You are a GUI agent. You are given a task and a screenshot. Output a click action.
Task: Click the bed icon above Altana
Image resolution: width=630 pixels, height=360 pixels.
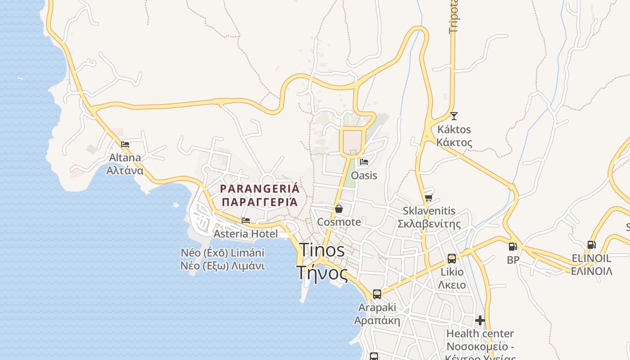125,144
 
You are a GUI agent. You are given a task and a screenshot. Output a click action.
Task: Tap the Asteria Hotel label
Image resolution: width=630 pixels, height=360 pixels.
245,234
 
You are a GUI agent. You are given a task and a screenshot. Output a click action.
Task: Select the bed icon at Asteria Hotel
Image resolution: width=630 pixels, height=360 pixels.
246,220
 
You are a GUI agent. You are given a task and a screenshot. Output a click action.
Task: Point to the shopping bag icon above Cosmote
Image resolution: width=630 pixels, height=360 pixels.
339,209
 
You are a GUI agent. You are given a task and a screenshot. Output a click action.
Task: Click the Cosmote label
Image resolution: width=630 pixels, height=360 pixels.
339,222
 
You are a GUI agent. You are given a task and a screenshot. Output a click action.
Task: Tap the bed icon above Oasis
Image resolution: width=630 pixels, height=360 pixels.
364,162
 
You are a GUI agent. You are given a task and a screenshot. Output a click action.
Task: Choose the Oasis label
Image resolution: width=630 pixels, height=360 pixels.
364,175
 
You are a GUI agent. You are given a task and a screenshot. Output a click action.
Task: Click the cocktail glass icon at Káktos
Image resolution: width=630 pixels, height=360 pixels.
454,116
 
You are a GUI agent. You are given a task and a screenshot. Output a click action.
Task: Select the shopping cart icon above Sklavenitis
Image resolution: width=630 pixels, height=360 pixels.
428,198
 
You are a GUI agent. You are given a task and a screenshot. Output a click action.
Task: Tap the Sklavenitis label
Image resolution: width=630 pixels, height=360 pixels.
429,211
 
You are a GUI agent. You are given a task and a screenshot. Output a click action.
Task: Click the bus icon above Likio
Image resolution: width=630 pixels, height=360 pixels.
452,259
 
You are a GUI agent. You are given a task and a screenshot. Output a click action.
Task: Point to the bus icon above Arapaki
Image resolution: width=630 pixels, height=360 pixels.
377,294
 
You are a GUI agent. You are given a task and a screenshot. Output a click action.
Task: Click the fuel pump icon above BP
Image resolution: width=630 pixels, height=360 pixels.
513,247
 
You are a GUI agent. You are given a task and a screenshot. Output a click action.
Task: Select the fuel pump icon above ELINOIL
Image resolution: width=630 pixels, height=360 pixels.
591,245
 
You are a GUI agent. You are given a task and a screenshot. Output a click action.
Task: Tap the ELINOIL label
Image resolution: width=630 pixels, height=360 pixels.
591,258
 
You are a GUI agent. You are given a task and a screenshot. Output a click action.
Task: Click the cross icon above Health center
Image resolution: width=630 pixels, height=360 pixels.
480,320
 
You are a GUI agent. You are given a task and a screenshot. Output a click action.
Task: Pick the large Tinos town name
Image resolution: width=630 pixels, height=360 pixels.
322,250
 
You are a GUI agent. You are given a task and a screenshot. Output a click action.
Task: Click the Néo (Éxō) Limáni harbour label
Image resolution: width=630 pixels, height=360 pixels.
222,253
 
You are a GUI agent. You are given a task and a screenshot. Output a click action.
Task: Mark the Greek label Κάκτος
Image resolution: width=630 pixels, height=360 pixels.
454,143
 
